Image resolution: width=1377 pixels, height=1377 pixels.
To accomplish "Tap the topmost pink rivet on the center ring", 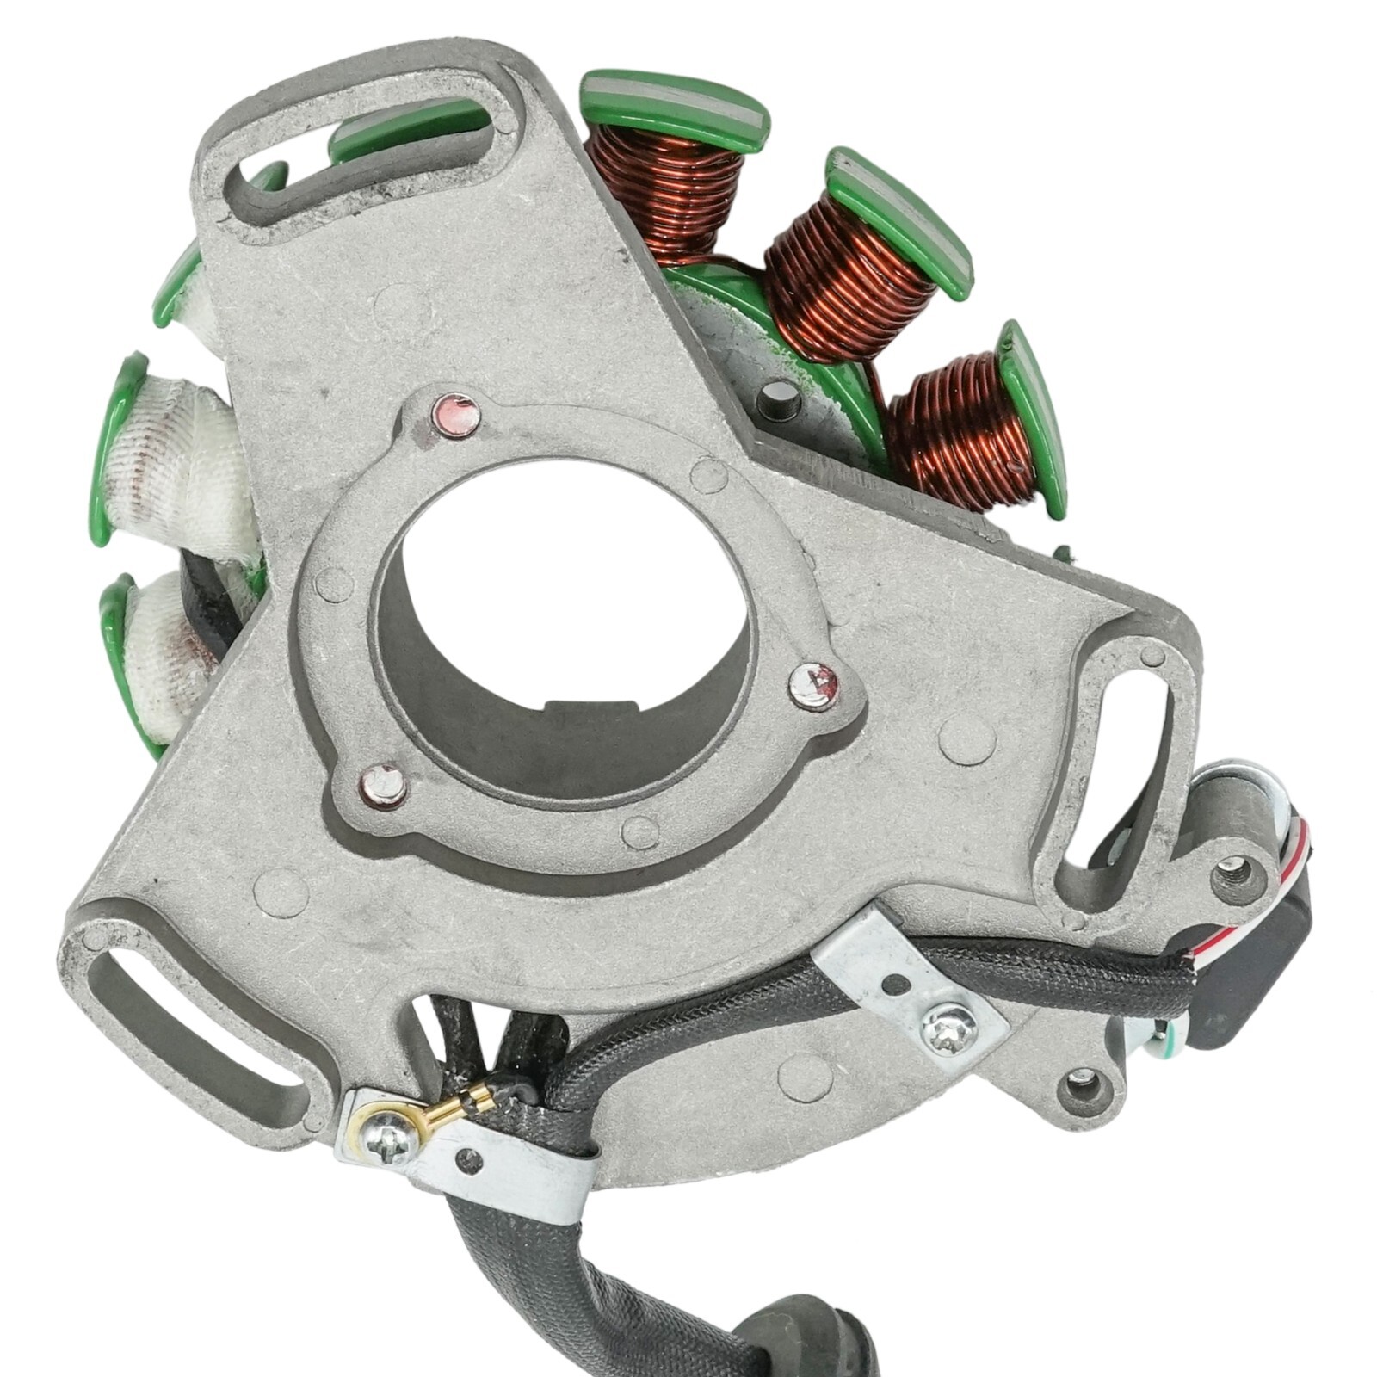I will [457, 413].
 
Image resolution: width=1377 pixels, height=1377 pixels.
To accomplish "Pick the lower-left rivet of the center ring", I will [383, 785].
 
